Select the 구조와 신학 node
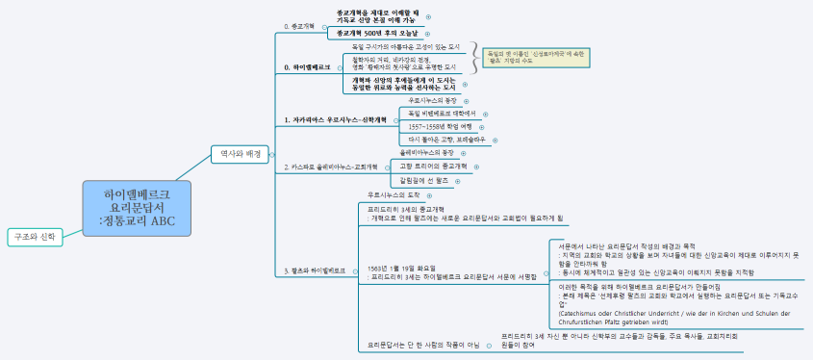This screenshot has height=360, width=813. (x=35, y=236)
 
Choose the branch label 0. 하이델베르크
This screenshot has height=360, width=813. (x=308, y=67)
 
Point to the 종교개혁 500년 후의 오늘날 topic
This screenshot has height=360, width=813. (x=377, y=33)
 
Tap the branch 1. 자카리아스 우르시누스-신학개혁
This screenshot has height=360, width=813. (x=334, y=119)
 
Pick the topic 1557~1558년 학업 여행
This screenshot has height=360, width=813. (x=440, y=126)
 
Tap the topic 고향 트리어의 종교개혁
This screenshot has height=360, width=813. (x=432, y=166)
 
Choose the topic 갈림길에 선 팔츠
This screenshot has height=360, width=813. (x=422, y=180)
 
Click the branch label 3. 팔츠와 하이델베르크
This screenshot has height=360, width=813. (x=316, y=270)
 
